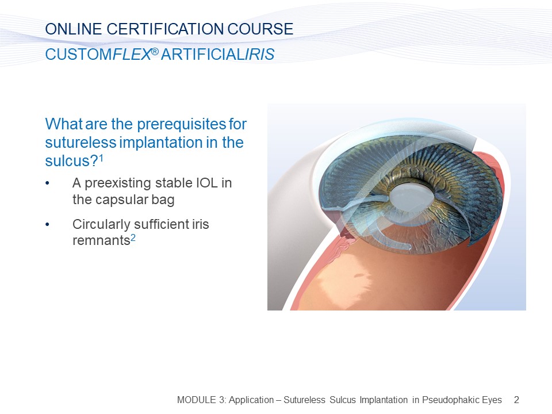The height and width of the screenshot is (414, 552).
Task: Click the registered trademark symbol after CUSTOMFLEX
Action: (155, 52)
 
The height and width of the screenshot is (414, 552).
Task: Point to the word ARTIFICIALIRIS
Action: (217, 54)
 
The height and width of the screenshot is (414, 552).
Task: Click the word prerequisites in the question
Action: (181, 125)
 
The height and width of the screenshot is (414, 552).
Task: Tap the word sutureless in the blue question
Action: (80, 143)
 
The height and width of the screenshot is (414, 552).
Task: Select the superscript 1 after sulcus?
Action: (101, 158)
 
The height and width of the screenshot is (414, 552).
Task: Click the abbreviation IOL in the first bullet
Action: (206, 183)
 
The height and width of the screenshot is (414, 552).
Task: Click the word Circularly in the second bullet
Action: (101, 225)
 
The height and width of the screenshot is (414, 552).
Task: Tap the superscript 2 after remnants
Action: (133, 237)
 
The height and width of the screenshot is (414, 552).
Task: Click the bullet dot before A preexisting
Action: (47, 183)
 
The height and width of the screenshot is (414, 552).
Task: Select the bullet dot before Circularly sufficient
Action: (47, 225)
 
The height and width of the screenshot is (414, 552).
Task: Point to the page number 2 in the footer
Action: (516, 400)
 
